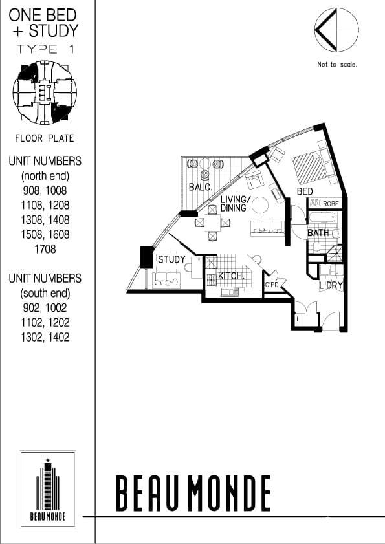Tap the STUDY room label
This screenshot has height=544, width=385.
(x=171, y=259)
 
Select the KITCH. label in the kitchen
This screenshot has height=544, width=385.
(x=230, y=276)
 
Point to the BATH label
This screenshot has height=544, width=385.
(x=318, y=233)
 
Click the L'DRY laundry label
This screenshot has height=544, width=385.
(x=331, y=285)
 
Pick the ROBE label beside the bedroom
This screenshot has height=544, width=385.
(x=331, y=204)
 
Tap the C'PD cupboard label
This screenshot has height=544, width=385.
(x=272, y=284)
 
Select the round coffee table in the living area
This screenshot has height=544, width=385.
(x=259, y=205)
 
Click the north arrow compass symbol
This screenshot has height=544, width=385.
(x=336, y=31)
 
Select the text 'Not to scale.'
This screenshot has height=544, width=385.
(x=337, y=65)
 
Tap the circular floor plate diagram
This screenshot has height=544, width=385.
(x=44, y=92)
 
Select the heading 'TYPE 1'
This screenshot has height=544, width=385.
(x=44, y=49)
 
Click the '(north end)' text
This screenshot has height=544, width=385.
(x=45, y=176)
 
